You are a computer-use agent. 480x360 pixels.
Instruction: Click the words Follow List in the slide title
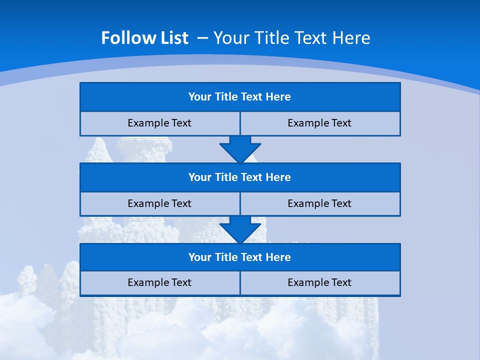144,38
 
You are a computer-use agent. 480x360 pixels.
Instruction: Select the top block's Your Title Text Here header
239,97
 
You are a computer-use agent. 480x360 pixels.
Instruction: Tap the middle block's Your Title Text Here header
239,177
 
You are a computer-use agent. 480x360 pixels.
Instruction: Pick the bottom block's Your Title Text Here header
239,257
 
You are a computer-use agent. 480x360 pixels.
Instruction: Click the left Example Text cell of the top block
159,123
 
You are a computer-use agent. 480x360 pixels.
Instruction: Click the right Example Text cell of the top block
319,123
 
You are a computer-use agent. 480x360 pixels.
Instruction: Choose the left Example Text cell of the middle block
159,203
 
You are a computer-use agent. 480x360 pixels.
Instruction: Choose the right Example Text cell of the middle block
319,203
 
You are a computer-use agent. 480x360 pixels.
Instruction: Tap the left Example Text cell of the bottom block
159,282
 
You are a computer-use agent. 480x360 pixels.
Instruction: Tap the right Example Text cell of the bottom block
319,282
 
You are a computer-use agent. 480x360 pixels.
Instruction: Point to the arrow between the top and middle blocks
240,149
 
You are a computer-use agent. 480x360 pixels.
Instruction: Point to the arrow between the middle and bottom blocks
240,229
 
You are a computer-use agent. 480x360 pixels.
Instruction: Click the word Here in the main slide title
352,38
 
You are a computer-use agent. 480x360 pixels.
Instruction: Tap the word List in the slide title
171,38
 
